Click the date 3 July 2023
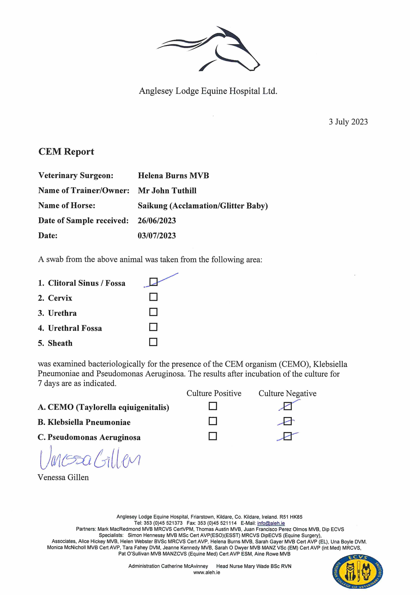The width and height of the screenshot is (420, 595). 348,122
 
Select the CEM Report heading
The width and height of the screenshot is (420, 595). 66,152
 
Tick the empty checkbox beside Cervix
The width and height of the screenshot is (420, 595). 154,297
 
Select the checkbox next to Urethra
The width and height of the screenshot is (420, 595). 154,312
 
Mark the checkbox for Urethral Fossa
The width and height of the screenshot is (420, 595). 154,327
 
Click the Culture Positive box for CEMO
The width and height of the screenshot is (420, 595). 213,406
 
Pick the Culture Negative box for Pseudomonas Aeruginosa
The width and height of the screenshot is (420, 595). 288,436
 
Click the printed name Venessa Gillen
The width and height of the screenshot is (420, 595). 63,477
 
